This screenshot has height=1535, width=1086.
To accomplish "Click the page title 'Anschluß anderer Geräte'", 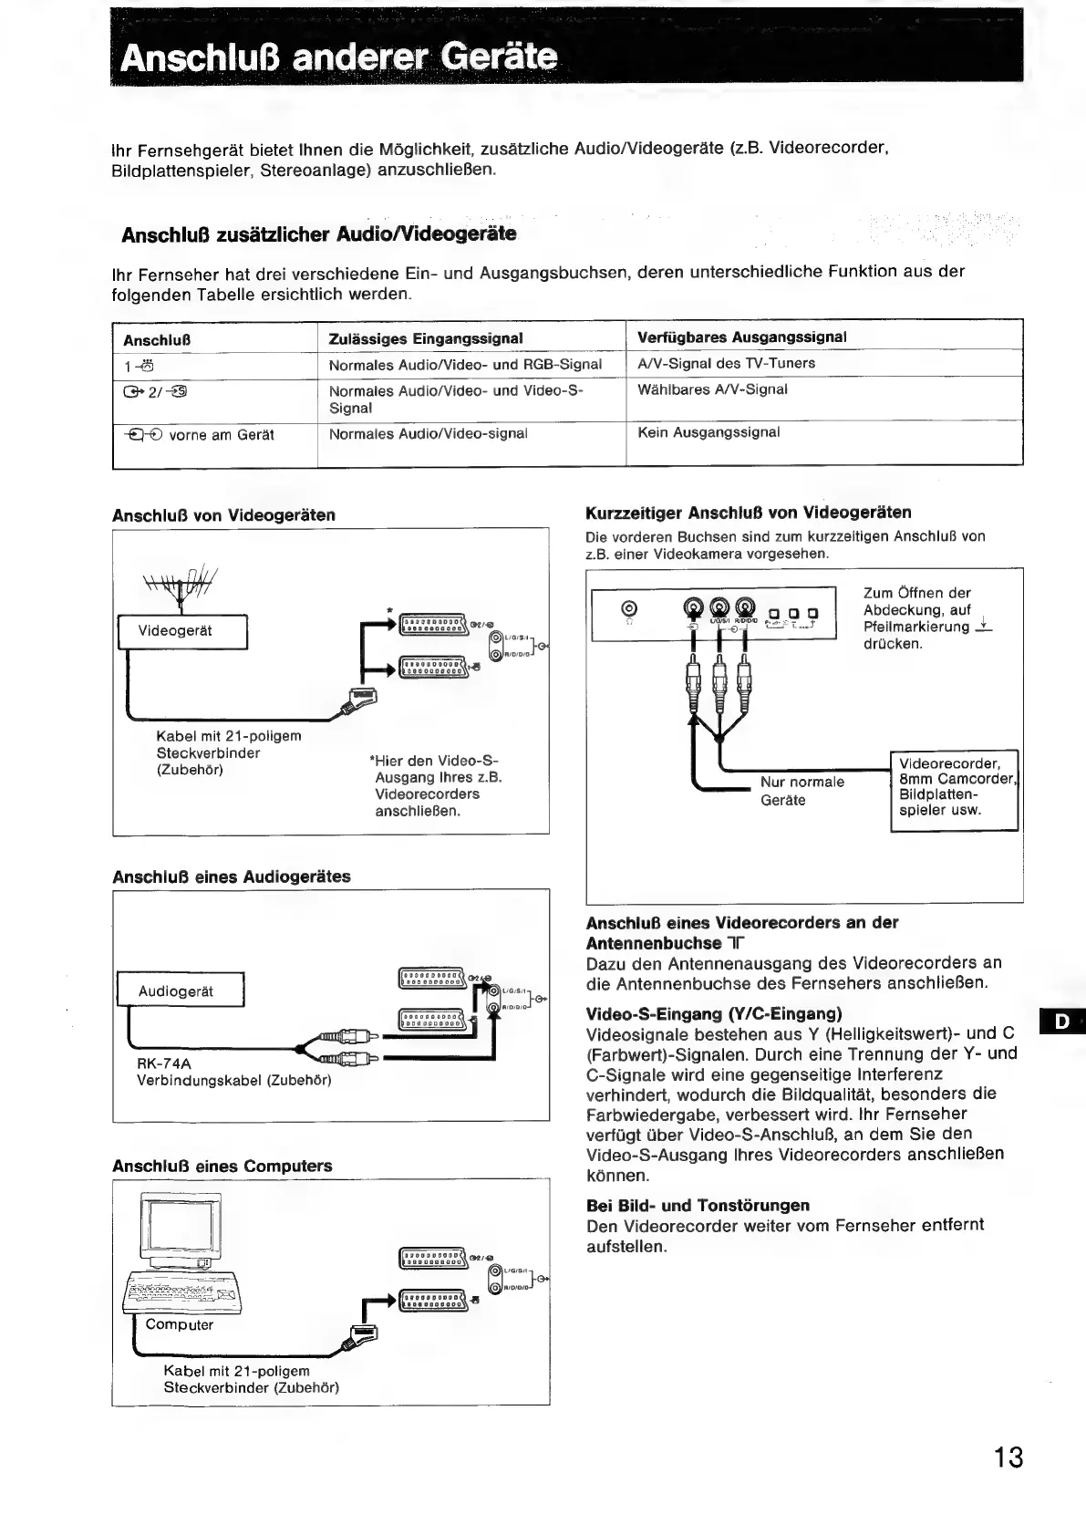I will pos(339,58).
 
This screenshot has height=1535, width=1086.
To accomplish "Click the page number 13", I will pos(1008,1457).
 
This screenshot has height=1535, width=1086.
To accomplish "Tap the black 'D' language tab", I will pos(1061,1022).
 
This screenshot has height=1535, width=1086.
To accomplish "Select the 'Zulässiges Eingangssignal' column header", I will pos(425,338).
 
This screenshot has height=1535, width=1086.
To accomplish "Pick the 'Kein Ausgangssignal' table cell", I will pos(708,432).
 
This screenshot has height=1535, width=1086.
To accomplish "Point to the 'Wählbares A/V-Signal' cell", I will pos(712,389).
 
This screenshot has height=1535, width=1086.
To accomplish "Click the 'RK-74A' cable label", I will pos(163,1063).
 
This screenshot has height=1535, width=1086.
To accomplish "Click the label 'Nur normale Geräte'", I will pos(802,791).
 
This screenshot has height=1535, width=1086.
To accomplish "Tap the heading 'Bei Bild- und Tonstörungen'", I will pos(698,1205).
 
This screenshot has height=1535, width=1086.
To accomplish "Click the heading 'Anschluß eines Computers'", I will pos(222,1166).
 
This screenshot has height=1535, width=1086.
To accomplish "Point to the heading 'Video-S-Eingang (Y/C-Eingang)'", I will pos(713,1013).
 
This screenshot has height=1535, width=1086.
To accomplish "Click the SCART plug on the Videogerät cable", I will pos(358,700).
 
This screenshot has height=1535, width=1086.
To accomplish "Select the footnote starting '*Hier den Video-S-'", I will pos(436,785).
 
